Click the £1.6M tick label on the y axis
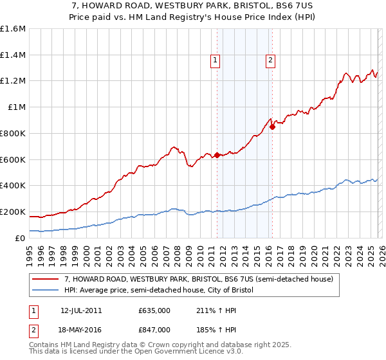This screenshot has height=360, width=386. click(13, 29)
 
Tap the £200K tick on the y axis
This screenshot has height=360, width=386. click(13, 212)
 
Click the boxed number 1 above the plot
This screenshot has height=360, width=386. click(215, 61)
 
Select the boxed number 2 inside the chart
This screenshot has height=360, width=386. click(270, 61)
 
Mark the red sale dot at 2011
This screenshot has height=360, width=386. click(217, 154)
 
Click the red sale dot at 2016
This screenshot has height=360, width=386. click(272, 127)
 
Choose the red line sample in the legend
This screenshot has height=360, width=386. click(46, 280)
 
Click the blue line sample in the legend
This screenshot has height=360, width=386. click(46, 291)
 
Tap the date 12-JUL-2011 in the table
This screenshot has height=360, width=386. click(81, 310)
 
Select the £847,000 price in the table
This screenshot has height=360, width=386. click(154, 329)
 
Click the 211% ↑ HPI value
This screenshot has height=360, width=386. click(210, 310)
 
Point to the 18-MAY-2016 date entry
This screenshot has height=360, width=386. click(81, 329)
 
